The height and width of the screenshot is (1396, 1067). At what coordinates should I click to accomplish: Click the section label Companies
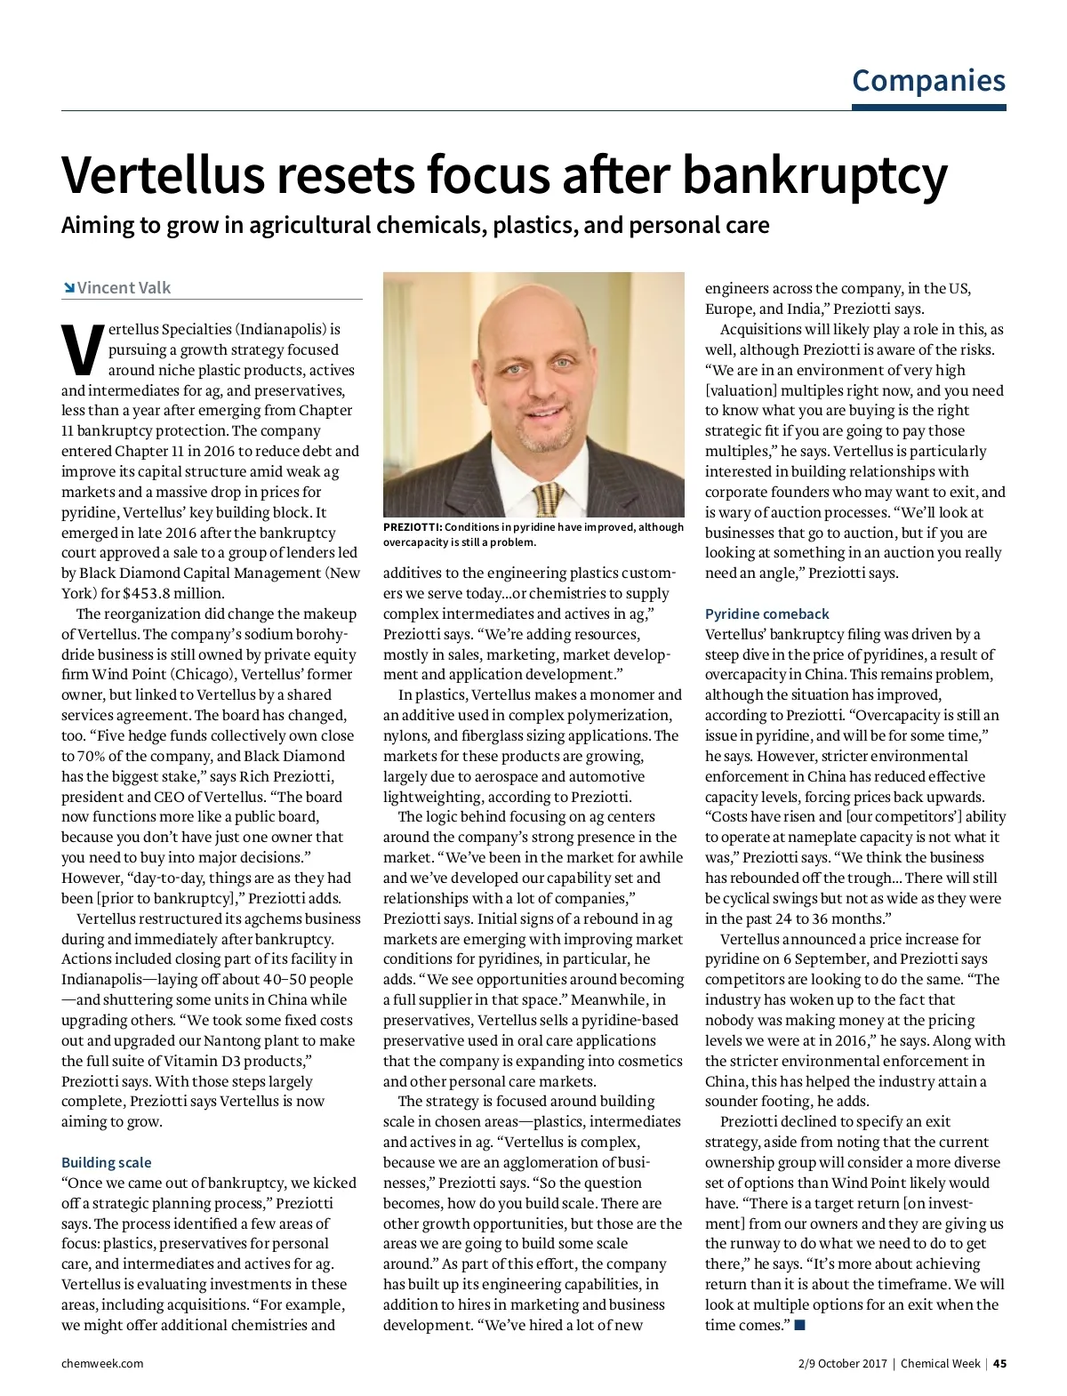[x=928, y=80]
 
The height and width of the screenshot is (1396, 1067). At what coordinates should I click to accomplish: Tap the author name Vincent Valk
[x=124, y=288]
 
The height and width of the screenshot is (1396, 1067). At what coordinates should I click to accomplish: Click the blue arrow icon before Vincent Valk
[x=68, y=288]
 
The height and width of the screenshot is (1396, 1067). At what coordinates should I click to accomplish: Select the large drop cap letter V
[x=81, y=349]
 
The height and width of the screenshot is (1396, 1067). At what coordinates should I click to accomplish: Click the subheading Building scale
[x=106, y=1162]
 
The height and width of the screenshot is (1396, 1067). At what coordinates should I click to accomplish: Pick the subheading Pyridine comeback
[x=766, y=614]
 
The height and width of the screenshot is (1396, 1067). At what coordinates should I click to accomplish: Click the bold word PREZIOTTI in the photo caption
[x=413, y=527]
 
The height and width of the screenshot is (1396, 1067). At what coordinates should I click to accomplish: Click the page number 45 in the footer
[x=999, y=1363]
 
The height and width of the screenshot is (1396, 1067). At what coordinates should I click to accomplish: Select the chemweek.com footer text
[x=102, y=1363]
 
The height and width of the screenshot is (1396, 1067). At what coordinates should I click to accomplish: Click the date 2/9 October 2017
[x=842, y=1363]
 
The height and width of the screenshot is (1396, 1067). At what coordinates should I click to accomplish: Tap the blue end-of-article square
[x=799, y=1325]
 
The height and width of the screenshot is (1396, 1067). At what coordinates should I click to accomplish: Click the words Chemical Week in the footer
[x=940, y=1363]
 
